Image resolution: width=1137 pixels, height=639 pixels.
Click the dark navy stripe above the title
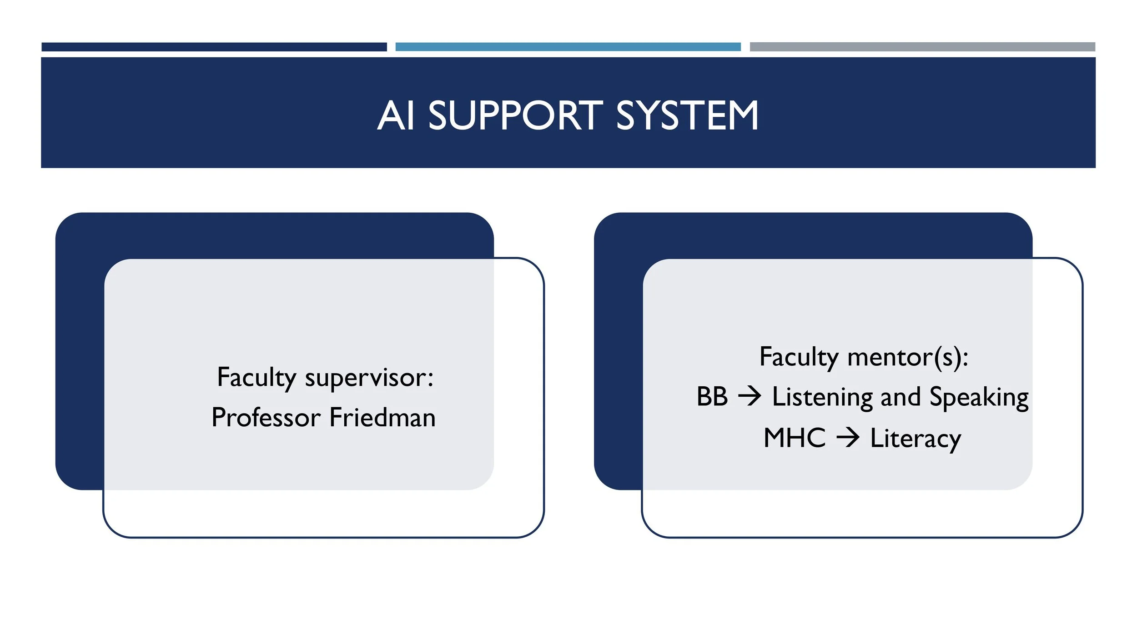click(214, 47)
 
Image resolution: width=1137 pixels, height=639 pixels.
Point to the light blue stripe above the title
click(568, 47)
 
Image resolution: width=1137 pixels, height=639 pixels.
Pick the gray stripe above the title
click(922, 47)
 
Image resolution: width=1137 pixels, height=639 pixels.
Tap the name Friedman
click(382, 417)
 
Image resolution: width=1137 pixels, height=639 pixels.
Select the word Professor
click(266, 417)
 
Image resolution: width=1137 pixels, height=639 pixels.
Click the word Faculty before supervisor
click(257, 378)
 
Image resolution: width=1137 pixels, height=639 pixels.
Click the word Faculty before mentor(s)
click(799, 357)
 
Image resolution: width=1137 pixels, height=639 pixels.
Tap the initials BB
click(712, 397)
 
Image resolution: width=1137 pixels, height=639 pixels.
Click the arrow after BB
click(750, 397)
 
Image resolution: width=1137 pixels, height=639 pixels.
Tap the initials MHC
click(795, 438)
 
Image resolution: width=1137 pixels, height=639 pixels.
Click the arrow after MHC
click(848, 438)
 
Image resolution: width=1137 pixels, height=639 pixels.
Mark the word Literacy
click(916, 439)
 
